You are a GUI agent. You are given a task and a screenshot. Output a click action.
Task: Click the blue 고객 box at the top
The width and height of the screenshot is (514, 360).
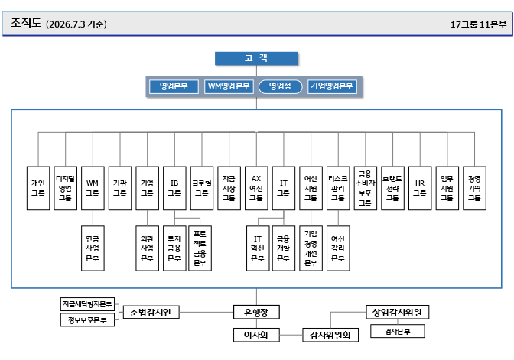pos(256,58)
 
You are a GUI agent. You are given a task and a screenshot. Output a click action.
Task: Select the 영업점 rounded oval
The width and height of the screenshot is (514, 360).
pos(280,86)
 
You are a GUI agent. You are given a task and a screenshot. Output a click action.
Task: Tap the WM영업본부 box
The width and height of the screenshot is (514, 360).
pos(229,86)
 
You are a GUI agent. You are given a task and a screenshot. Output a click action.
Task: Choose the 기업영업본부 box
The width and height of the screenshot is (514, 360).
pos(332,86)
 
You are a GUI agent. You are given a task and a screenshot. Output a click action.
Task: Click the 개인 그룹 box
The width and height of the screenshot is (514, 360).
pos(38,188)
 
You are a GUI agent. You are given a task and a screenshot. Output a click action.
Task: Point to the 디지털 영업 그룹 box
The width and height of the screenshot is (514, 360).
pos(65,188)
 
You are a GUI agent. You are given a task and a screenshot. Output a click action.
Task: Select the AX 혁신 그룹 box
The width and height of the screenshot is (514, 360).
pos(256,188)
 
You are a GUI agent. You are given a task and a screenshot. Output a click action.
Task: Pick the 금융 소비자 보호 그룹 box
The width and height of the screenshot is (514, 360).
pos(365,188)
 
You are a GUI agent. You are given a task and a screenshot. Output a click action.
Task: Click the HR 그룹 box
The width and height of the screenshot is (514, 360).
pos(420,188)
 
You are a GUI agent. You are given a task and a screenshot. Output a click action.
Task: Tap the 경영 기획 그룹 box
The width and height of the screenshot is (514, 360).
pos(474,188)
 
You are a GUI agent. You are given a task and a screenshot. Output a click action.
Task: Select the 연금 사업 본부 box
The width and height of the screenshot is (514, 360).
pos(93,248)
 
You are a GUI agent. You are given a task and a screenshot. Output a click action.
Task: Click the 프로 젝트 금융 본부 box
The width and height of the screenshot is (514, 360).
pos(200,248)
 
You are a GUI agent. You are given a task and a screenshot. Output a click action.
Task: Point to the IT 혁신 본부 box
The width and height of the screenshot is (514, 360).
pos(258,248)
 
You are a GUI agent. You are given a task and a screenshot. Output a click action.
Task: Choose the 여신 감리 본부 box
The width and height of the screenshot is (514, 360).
pos(338,248)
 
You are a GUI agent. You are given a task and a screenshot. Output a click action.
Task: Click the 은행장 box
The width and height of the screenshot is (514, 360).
pos(256,312)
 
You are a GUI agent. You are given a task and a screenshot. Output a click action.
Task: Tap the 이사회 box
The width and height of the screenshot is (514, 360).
pos(256,335)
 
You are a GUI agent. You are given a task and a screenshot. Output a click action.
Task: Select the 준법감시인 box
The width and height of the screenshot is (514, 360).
pos(151,312)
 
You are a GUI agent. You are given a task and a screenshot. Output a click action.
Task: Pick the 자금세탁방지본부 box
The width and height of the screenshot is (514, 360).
pos(87,304)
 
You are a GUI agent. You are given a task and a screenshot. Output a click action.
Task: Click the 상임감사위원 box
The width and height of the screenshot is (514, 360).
pos(397,312)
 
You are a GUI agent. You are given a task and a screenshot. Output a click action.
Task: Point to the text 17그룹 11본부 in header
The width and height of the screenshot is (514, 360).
pos(478,24)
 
